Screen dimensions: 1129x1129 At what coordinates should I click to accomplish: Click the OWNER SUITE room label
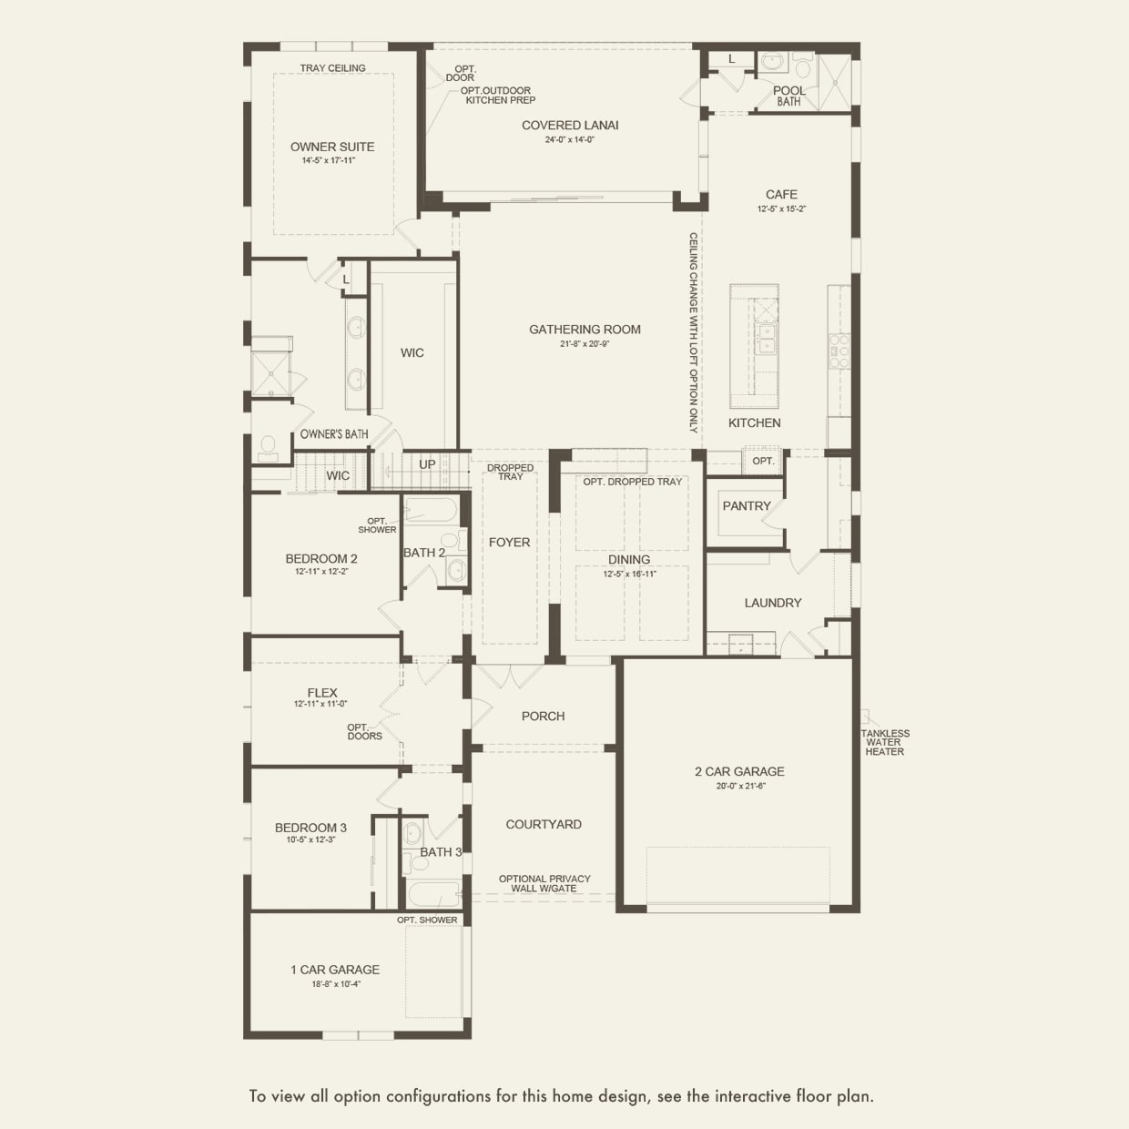[x=331, y=147]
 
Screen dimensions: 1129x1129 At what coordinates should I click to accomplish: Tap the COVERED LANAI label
[x=570, y=126]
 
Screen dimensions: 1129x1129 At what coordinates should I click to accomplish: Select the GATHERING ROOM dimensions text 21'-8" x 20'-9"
[x=585, y=344]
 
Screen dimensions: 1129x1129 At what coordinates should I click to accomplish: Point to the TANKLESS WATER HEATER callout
[x=884, y=742]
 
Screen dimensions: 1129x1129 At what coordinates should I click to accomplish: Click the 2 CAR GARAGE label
[x=739, y=771]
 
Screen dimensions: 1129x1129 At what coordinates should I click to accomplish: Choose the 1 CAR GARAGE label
[x=335, y=970]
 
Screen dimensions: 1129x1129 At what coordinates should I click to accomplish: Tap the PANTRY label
[x=747, y=506]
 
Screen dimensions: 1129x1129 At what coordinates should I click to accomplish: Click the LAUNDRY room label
[x=773, y=603]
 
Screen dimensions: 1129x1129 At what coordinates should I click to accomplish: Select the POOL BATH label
[x=788, y=96]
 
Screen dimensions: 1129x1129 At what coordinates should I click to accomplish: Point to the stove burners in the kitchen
[x=838, y=351]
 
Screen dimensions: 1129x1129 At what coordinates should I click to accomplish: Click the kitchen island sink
[x=767, y=338]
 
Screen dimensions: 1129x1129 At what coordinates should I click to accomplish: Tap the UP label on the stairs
[x=427, y=464]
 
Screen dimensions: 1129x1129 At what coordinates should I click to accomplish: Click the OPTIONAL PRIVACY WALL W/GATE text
[x=544, y=883]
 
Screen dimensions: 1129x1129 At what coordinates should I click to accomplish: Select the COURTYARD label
[x=544, y=824]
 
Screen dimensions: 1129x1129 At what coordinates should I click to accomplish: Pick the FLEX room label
[x=322, y=693]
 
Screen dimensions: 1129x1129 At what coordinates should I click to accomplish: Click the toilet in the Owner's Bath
[x=268, y=448]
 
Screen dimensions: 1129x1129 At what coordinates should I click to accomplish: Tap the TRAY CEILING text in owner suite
[x=333, y=68]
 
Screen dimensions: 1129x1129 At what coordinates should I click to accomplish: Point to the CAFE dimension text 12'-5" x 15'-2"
[x=781, y=209]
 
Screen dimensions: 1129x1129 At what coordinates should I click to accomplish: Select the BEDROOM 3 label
[x=310, y=828]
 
